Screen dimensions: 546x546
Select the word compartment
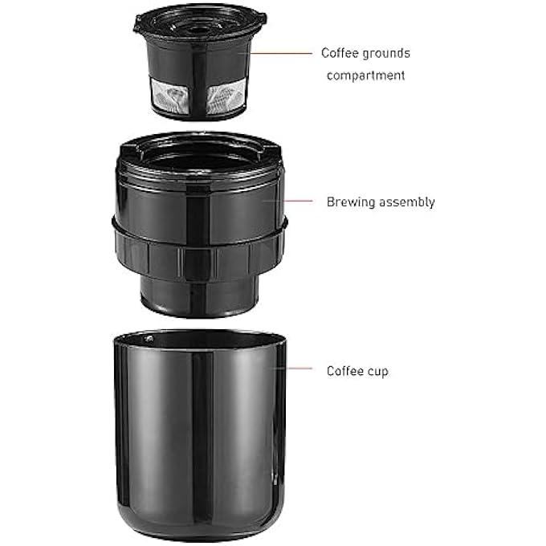coord(366,75)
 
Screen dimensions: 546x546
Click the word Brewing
coord(349,202)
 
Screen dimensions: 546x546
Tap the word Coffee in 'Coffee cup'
coord(344,371)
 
